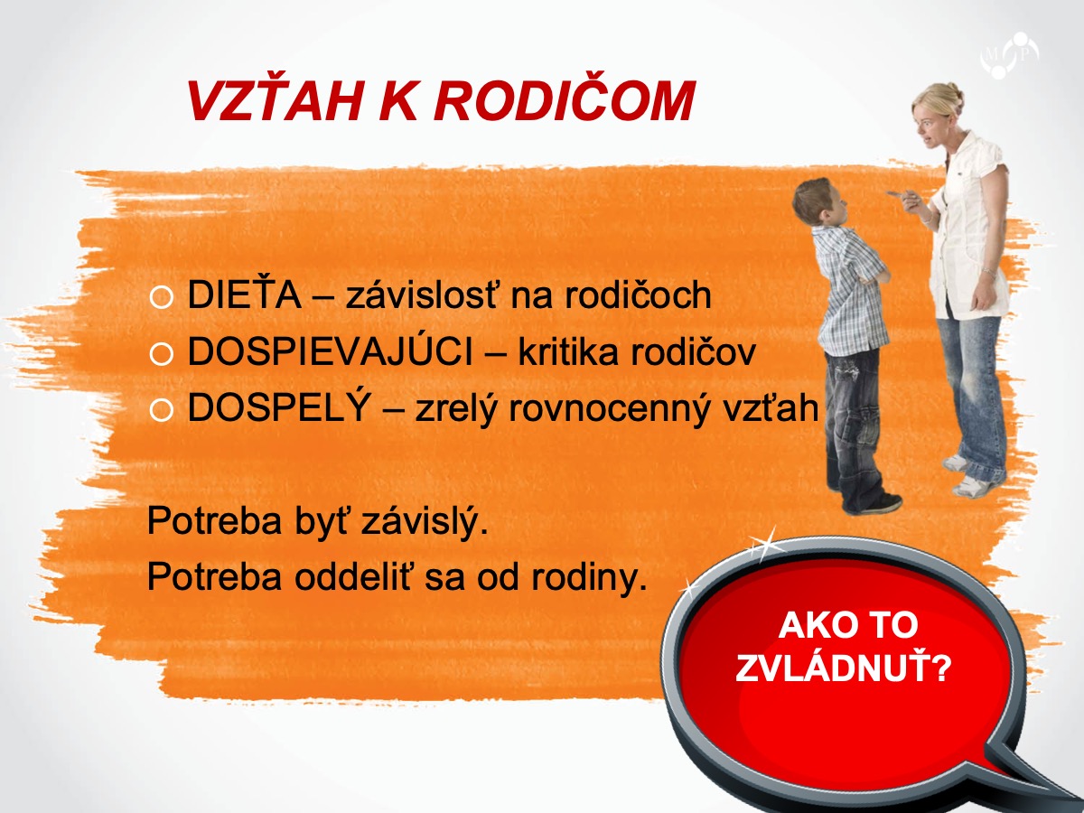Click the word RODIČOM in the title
point(565,101)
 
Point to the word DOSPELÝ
point(279,406)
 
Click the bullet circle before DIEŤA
point(161,298)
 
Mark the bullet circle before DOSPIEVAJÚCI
point(161,354)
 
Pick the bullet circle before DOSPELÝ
point(161,410)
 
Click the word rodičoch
point(638,294)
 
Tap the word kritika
point(568,351)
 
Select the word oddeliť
point(355,575)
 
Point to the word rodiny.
point(589,577)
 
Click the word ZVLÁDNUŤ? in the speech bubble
point(843,668)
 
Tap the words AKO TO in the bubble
point(848,625)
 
